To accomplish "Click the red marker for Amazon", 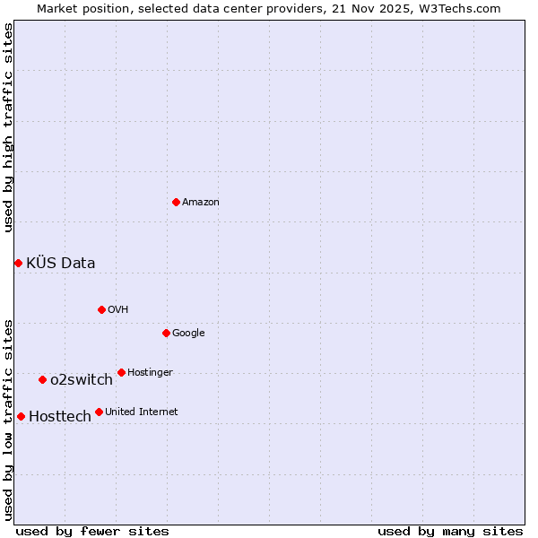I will [176, 202].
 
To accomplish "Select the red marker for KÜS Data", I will [18, 263].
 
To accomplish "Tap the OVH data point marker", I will [101, 309].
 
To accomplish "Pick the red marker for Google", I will [166, 333].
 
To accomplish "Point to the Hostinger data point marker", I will [121, 372].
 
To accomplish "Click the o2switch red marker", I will [42, 379].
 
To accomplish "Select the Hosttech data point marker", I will [21, 416].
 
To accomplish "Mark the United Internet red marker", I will [99, 412].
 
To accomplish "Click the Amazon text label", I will [201, 203].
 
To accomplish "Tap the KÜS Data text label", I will [60, 263].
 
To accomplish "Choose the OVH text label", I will [117, 310].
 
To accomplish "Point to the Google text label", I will [188, 334].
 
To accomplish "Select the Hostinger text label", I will [150, 373].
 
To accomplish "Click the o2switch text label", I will [82, 379].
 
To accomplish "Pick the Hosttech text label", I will [60, 416].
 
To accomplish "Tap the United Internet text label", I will [142, 412].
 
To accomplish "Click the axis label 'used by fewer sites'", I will [92, 531].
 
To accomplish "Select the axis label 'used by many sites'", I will [450, 531].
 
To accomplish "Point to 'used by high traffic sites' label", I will [8, 127].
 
